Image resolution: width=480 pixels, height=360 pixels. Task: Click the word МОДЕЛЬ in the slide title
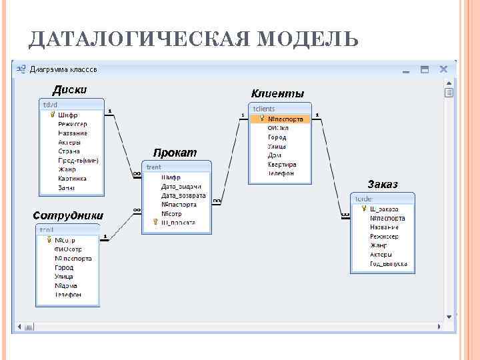pyautogui.click(x=307, y=40)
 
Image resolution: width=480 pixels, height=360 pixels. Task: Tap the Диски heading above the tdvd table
pyautogui.click(x=69, y=90)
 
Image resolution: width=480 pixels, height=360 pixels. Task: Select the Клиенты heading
pyautogui.click(x=277, y=93)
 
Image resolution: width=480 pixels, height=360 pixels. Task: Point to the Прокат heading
pyautogui.click(x=175, y=153)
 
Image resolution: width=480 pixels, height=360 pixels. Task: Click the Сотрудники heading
pyautogui.click(x=68, y=215)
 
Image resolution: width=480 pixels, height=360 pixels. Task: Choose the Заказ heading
pyautogui.click(x=382, y=184)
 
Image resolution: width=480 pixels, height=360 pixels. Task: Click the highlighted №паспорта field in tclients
pyautogui.click(x=285, y=119)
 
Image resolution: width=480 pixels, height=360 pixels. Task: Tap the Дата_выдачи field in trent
pyautogui.click(x=181, y=187)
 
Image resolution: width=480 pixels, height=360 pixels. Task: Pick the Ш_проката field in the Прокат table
pyautogui.click(x=179, y=223)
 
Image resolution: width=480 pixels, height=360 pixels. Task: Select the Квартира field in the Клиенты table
pyautogui.click(x=282, y=164)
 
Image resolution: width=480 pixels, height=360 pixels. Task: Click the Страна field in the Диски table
pyautogui.click(x=69, y=151)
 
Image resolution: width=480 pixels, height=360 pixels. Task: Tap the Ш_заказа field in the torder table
pyautogui.click(x=384, y=209)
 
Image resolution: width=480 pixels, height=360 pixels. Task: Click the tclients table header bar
pyautogui.click(x=280, y=109)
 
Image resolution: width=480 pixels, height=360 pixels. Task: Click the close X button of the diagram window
pyautogui.click(x=443, y=69)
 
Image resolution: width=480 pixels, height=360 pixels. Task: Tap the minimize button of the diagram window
pyautogui.click(x=405, y=69)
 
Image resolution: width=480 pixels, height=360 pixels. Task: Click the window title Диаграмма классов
pyautogui.click(x=64, y=69)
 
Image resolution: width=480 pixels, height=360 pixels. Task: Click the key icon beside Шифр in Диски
pyautogui.click(x=51, y=115)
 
